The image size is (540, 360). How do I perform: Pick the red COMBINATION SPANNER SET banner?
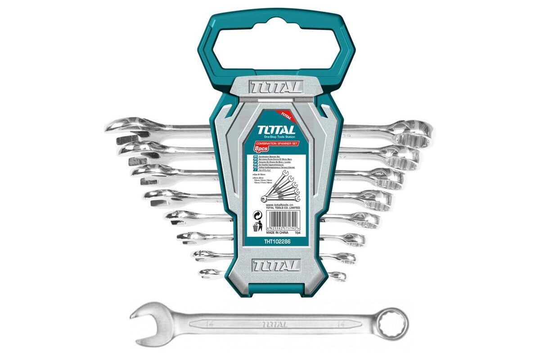(x=277, y=143)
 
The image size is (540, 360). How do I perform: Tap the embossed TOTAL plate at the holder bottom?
(x=276, y=265)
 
